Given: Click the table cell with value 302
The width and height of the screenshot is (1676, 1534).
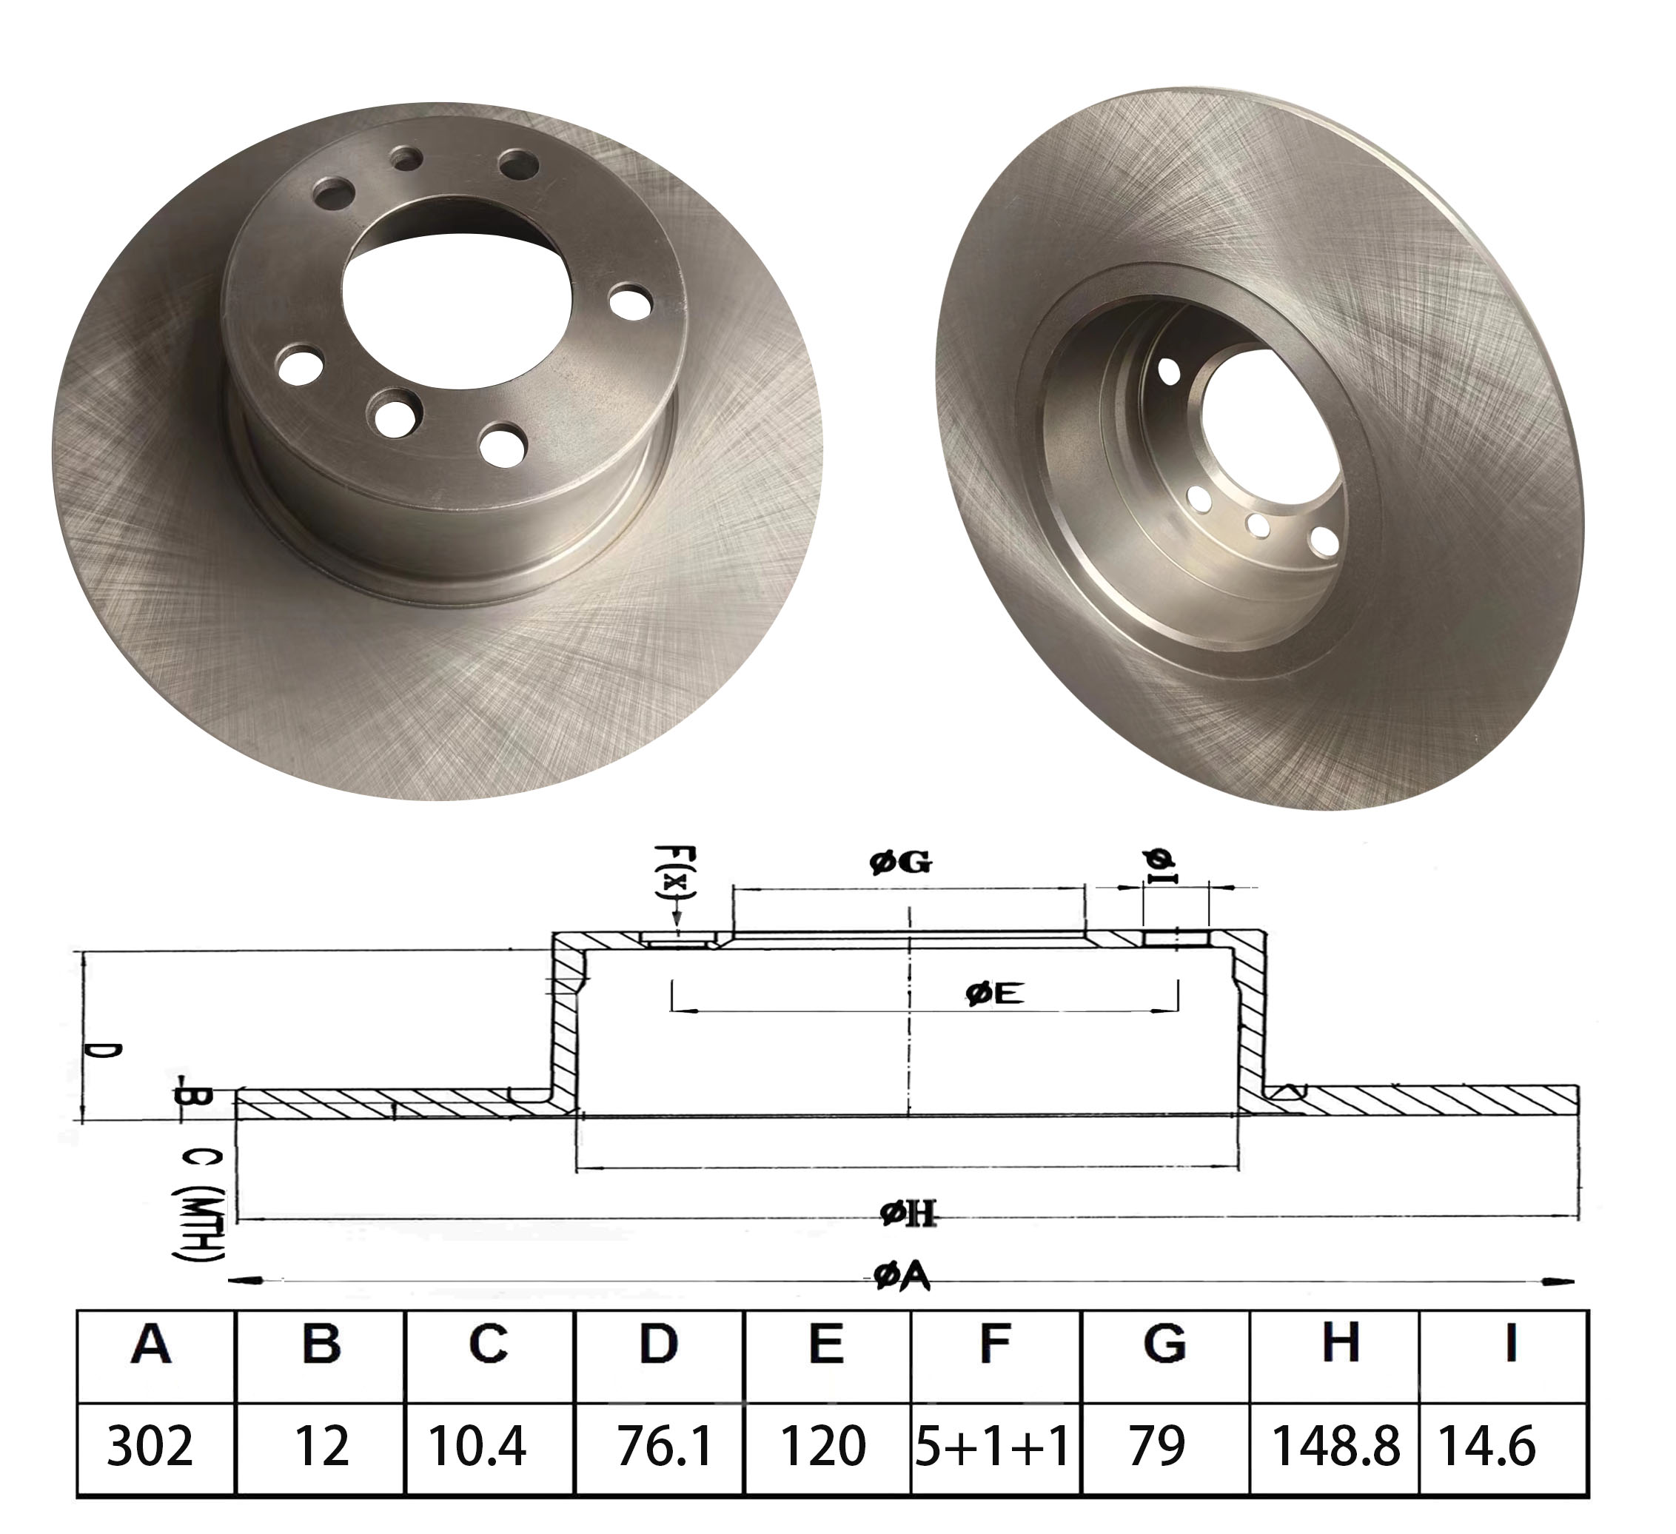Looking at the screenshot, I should tap(150, 1445).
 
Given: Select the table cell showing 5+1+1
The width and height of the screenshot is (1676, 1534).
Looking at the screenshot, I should tap(993, 1445).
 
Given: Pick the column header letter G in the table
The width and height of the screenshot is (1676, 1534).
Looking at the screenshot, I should tap(1164, 1345).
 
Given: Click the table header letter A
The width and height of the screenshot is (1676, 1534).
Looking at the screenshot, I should tap(151, 1345).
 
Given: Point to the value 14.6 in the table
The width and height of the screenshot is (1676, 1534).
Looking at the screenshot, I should tap(1487, 1445).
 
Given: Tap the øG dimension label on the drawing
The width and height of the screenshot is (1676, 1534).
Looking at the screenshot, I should tap(900, 864).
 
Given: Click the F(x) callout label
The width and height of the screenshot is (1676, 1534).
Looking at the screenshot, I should tap(675, 874).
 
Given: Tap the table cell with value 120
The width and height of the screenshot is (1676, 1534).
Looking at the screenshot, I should tap(823, 1445).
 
